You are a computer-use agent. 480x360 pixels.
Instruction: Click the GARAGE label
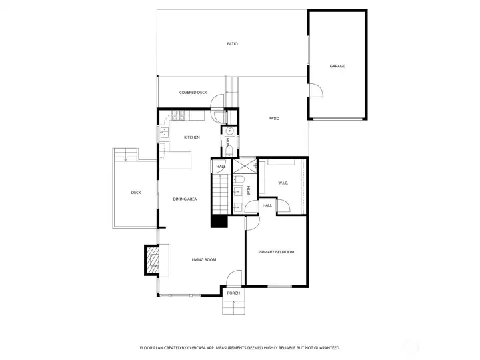point(337,66)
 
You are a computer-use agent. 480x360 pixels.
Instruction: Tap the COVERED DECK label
point(193,93)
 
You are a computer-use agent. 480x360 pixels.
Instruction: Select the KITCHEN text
point(192,137)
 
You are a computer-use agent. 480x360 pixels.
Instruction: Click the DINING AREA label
point(185,199)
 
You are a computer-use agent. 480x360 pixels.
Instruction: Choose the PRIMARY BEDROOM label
point(276,252)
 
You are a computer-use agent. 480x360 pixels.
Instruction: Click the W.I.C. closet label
point(282,183)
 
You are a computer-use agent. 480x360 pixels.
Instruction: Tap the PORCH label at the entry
point(233,293)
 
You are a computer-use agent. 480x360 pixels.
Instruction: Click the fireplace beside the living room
point(153,260)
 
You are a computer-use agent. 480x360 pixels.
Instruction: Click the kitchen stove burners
point(179,115)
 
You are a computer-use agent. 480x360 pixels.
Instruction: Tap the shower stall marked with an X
point(243,165)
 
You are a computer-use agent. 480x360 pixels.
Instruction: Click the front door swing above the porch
point(234,278)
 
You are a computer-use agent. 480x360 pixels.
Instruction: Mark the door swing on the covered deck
point(217,101)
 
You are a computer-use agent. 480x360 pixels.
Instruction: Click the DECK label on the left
point(136,193)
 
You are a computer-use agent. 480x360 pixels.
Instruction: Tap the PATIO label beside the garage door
point(273,119)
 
